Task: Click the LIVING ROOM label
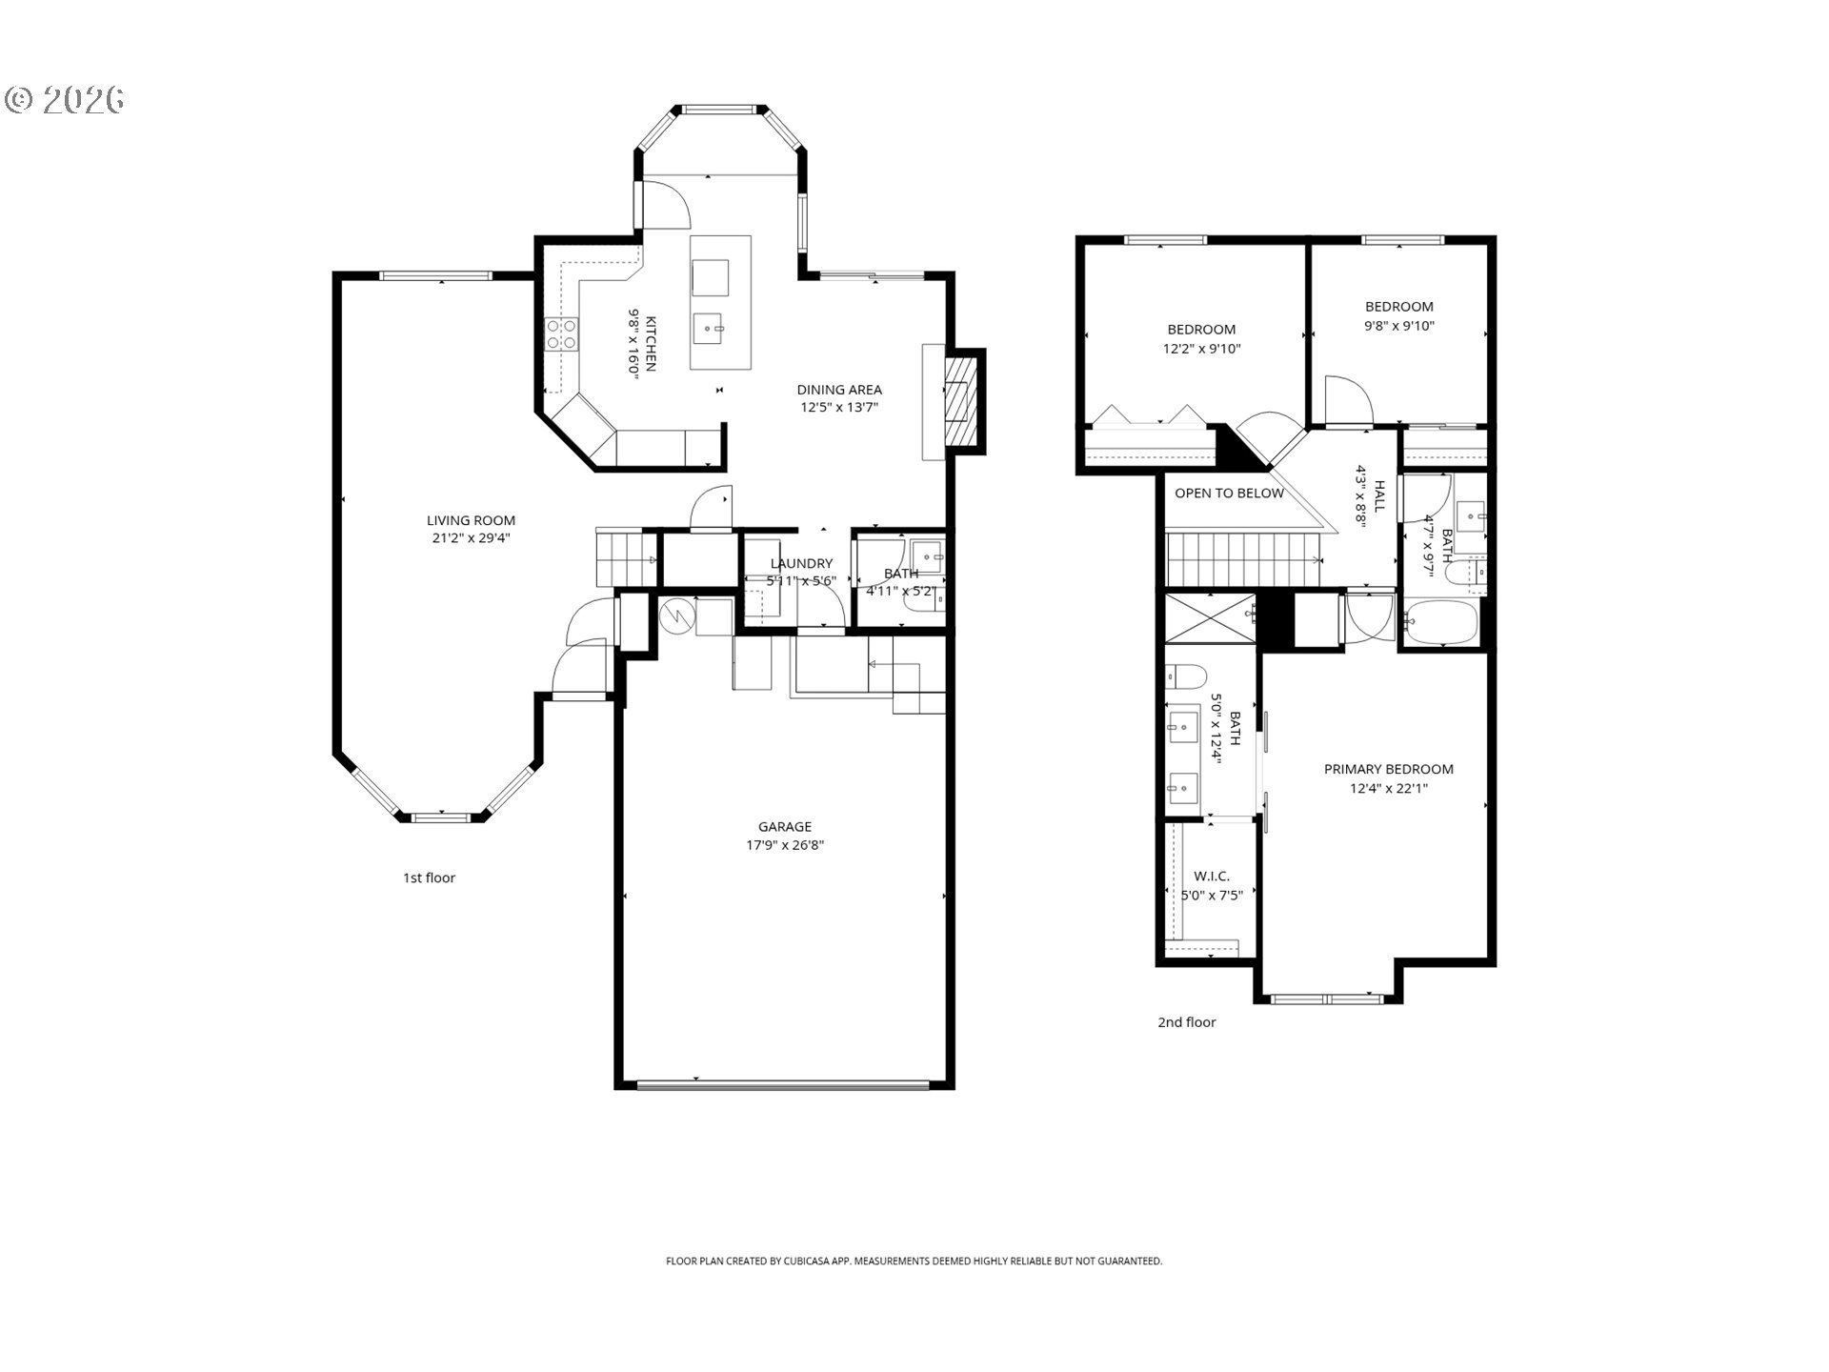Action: [x=471, y=520]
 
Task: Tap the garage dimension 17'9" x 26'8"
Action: [x=784, y=845]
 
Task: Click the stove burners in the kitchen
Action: [x=561, y=334]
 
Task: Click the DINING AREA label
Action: [x=838, y=389]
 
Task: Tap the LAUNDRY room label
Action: [x=801, y=563]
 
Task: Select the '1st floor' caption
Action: [x=429, y=878]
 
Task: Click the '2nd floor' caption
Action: [x=1186, y=1022]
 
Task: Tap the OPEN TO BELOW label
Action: [x=1229, y=494]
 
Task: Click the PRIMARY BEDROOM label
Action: [x=1388, y=769]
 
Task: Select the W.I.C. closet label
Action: [x=1211, y=876]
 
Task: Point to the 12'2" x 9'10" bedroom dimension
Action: [x=1201, y=349]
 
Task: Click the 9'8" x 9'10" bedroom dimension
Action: [x=1398, y=326]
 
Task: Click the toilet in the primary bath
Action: [x=1185, y=676]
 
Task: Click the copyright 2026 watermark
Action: [x=65, y=99]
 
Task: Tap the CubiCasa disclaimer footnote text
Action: [x=914, y=1261]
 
